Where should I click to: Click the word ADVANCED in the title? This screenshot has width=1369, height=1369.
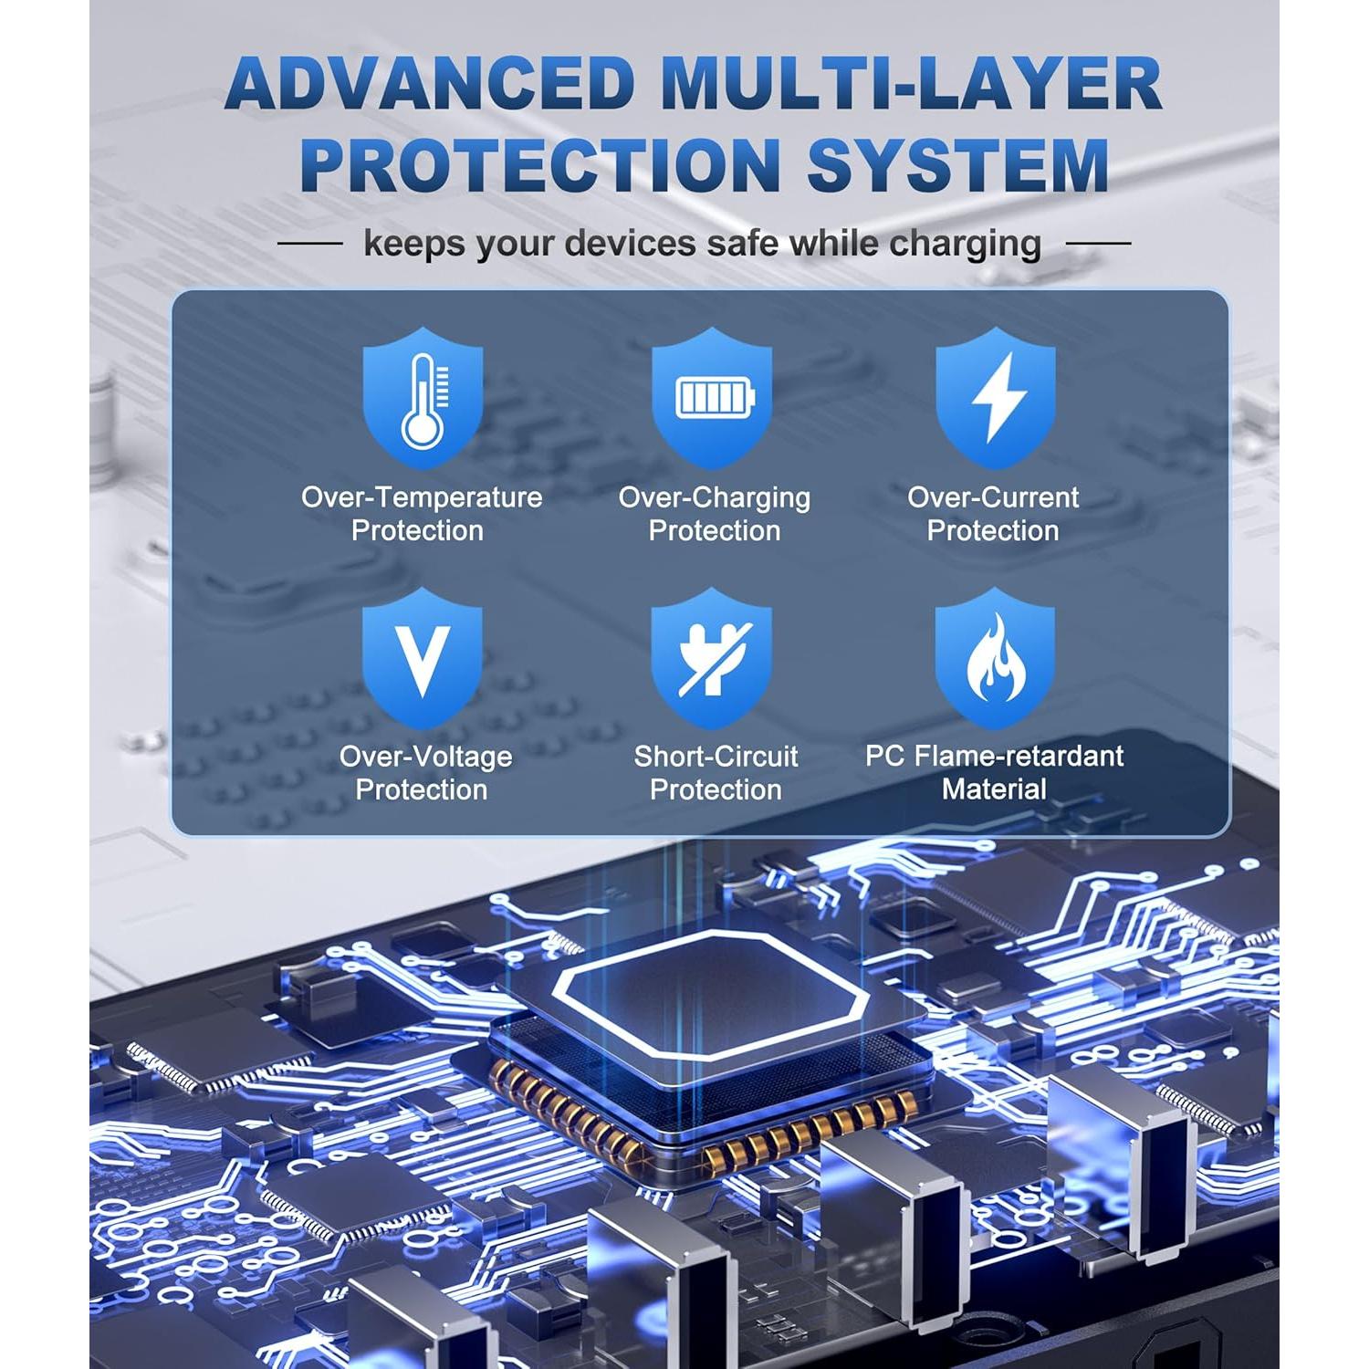pyautogui.click(x=430, y=84)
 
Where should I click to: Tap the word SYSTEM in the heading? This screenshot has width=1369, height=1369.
pyautogui.click(x=958, y=165)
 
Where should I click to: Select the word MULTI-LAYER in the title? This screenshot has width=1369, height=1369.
pyautogui.click(x=911, y=84)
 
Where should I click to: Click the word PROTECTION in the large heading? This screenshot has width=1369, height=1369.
pyautogui.click(x=539, y=165)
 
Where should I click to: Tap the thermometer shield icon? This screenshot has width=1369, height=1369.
pyautogui.click(x=423, y=397)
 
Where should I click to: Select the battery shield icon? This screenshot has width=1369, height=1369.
pyautogui.click(x=712, y=397)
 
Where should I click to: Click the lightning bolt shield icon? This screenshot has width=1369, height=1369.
pyautogui.click(x=996, y=397)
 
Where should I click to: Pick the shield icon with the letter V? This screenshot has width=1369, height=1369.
pyautogui.click(x=422, y=657)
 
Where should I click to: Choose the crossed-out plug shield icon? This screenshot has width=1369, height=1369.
pyautogui.click(x=712, y=657)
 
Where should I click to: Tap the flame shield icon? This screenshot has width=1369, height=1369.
pyautogui.click(x=996, y=657)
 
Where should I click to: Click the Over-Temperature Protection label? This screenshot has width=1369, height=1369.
pyautogui.click(x=422, y=514)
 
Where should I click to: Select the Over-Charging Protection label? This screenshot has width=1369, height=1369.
pyautogui.click(x=715, y=514)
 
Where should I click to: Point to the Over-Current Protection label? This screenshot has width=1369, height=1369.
pyautogui.click(x=993, y=514)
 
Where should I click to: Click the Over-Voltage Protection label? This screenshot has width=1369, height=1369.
pyautogui.click(x=425, y=773)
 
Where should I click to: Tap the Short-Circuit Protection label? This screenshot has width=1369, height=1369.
pyautogui.click(x=716, y=773)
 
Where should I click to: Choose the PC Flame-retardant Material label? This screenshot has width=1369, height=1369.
pyautogui.click(x=995, y=773)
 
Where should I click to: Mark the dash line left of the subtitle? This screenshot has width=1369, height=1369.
pyautogui.click(x=310, y=244)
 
